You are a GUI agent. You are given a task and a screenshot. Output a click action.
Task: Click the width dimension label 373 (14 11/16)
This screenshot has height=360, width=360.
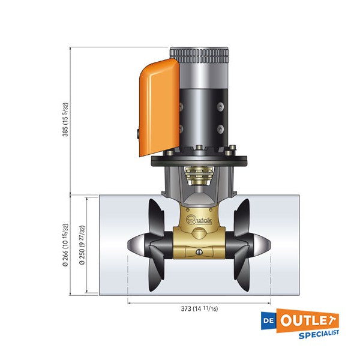pos(200,310)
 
